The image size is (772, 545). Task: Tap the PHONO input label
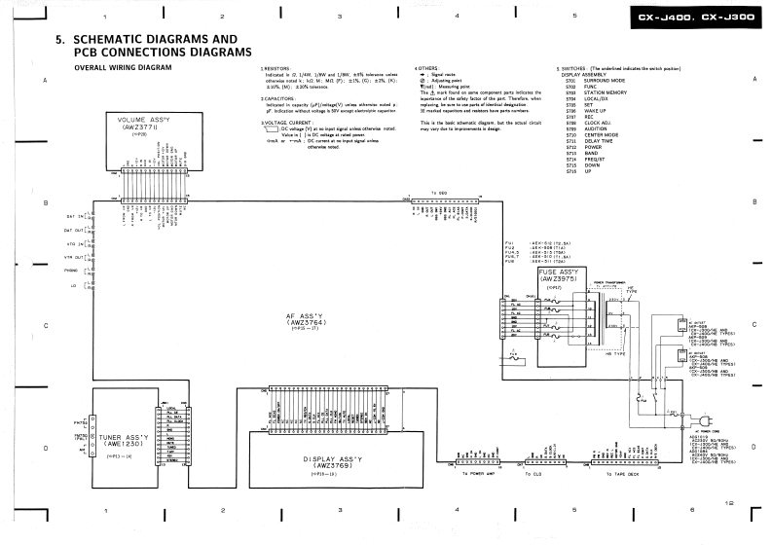tap(70, 272)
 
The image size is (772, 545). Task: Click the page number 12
tap(729, 503)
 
